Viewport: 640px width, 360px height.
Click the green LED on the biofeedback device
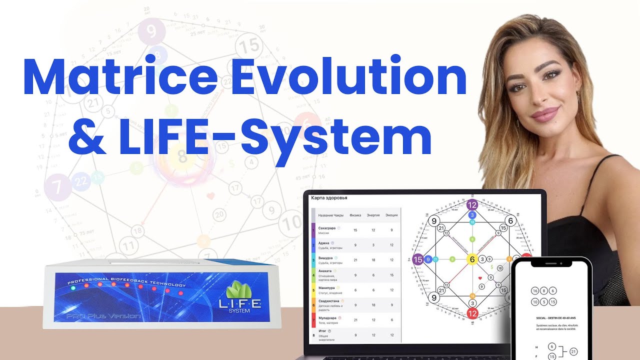click(x=73, y=288)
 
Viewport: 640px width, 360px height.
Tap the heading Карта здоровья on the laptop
click(x=329, y=198)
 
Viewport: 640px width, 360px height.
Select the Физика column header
click(x=355, y=215)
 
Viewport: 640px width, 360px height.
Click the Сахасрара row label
click(x=328, y=228)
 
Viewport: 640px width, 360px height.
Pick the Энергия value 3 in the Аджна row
click(x=373, y=245)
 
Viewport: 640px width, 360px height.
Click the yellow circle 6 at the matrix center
click(x=472, y=259)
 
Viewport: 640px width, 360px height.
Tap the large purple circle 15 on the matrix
click(x=418, y=259)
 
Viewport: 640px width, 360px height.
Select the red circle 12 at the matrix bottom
click(x=472, y=313)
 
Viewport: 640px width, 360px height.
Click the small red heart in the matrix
click(x=479, y=277)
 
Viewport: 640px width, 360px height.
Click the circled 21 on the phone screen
click(x=573, y=351)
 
